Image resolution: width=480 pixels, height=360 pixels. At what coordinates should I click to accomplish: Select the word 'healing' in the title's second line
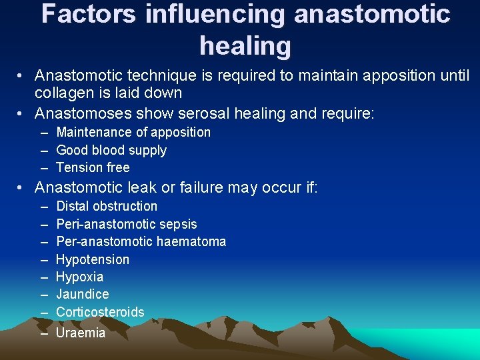[x=245, y=45]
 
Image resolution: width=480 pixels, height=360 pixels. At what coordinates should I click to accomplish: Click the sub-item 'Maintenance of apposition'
[x=133, y=132]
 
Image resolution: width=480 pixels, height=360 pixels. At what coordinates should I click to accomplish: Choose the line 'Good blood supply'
[x=111, y=150]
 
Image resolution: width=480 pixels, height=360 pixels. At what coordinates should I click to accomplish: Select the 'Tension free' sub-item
[x=93, y=167]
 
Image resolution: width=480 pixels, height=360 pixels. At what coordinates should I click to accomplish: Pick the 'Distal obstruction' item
[x=107, y=206]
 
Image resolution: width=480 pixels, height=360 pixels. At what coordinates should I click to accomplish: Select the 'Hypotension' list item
[x=93, y=259]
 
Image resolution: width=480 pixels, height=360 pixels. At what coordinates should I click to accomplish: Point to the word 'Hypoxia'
[x=79, y=277]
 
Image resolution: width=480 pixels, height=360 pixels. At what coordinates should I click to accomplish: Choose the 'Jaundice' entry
[x=83, y=294]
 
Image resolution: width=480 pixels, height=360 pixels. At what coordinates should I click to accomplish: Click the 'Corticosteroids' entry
[x=100, y=311]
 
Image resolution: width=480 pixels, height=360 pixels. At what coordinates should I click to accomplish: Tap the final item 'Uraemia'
[x=81, y=333]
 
